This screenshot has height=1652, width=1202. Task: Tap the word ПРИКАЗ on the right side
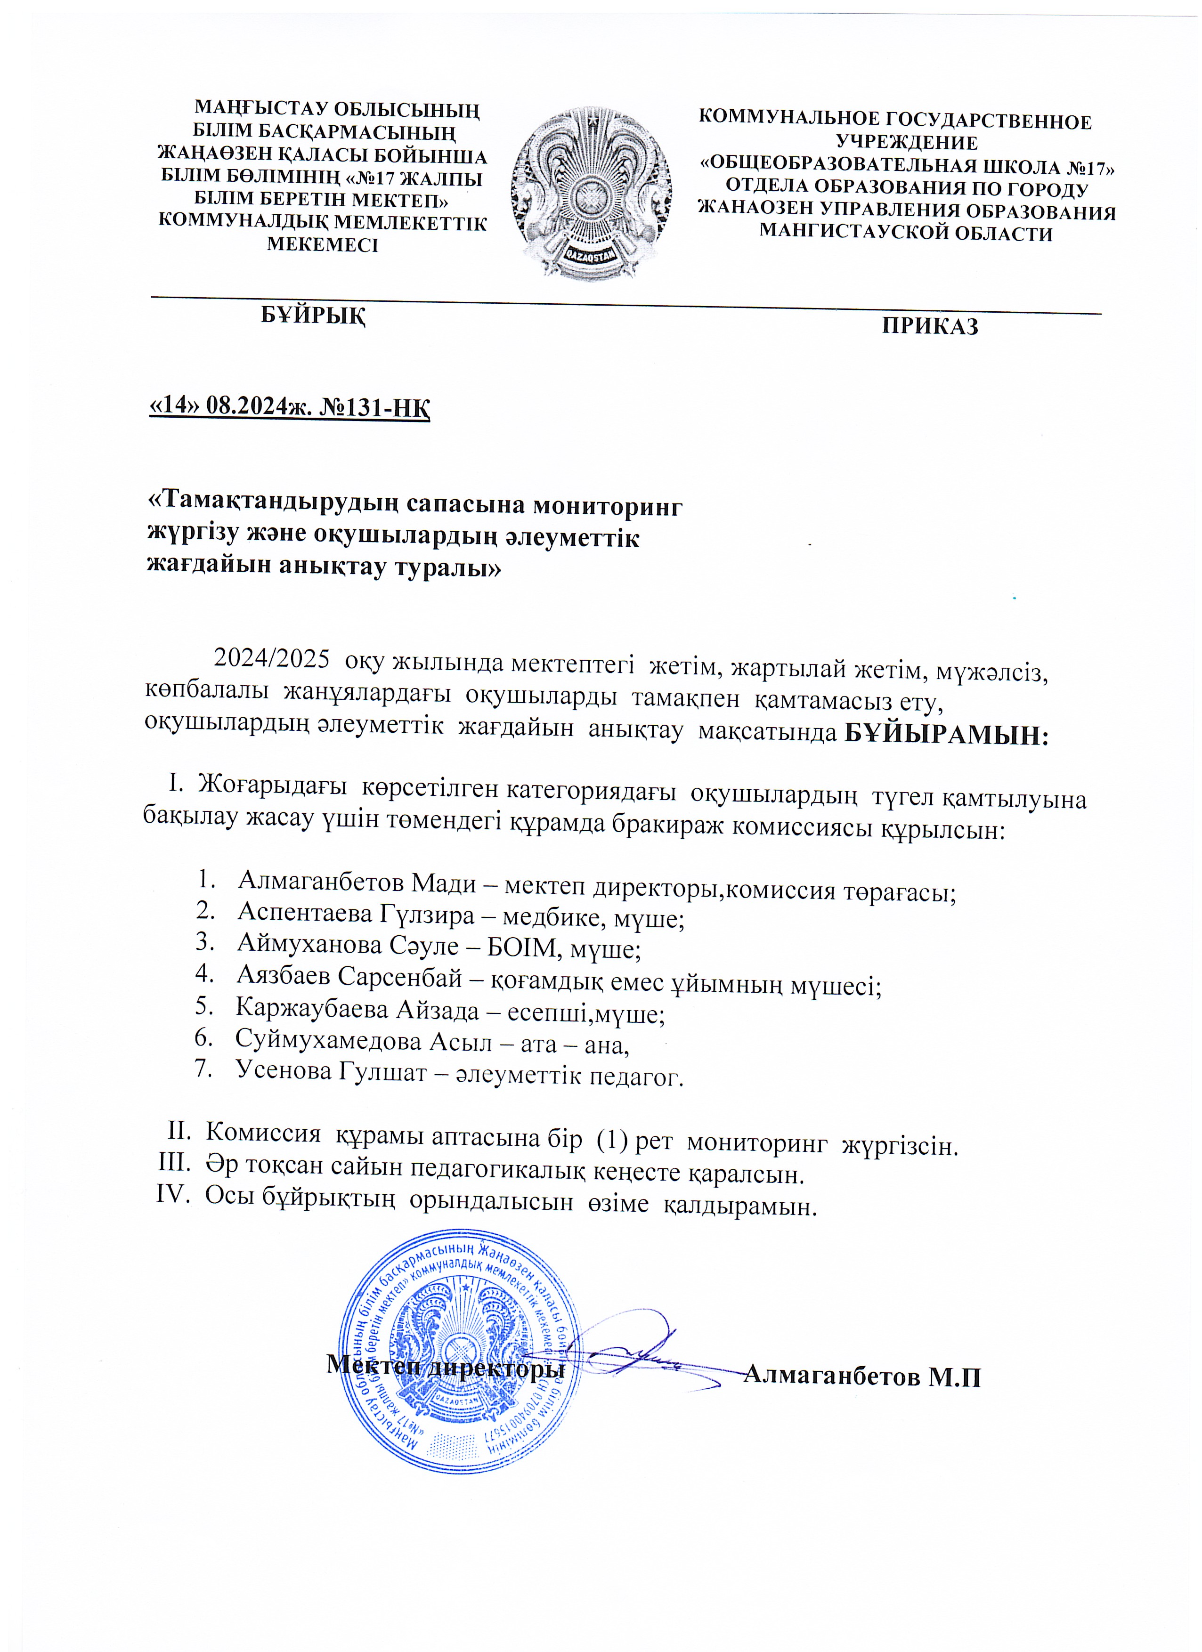(x=930, y=325)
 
